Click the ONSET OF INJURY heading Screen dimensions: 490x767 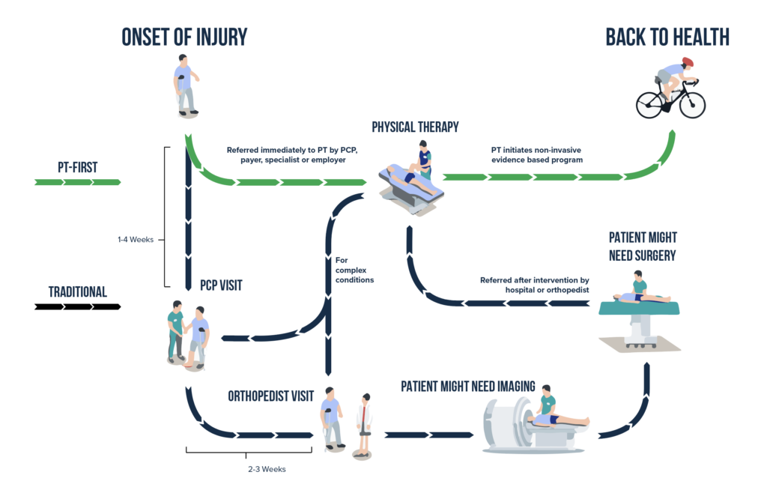coord(184,37)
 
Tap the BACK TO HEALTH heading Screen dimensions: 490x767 coord(667,37)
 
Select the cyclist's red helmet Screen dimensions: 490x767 coord(687,62)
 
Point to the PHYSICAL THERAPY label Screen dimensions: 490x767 coord(415,127)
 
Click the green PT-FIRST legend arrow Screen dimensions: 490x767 coord(77,181)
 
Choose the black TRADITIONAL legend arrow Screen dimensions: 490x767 coord(77,306)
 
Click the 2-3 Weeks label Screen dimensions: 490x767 coord(267,469)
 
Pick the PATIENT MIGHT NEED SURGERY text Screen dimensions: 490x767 coord(643,246)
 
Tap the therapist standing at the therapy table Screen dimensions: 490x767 coord(425,160)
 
